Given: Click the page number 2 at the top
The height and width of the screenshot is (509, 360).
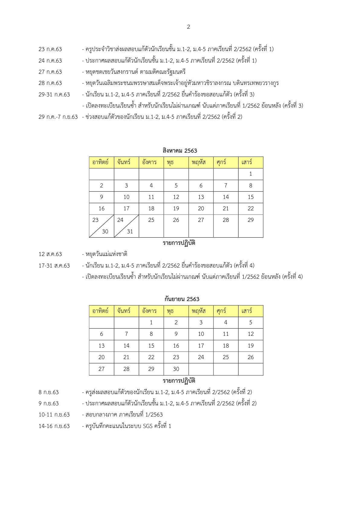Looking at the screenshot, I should coord(189,27).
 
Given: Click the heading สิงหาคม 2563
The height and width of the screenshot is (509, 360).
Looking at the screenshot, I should coord(180,151).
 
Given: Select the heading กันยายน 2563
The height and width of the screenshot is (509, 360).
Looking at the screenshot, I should coord(182,299).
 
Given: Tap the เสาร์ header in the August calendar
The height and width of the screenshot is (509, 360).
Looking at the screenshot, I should coord(247,162).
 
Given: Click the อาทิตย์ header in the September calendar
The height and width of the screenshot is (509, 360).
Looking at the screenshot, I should coord(100,311).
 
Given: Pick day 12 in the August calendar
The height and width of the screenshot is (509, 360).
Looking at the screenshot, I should coord(176,197).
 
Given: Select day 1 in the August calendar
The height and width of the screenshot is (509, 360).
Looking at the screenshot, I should coord(251,174).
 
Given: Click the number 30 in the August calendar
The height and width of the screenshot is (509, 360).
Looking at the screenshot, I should coord(105,232).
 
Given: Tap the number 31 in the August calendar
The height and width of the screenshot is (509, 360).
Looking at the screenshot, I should coord(130,232).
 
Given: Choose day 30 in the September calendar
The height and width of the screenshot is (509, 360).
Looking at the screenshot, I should coord(176,369).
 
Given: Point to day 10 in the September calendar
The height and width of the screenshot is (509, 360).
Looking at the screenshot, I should coord(201,334).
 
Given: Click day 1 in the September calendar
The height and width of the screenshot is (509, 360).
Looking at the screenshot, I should coord(151,323).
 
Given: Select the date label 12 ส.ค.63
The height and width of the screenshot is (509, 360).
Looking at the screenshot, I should coord(50,254).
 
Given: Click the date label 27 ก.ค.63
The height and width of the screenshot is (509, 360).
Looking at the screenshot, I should coord(50,72).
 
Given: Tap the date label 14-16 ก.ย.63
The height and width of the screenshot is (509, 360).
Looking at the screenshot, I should coord(54,426).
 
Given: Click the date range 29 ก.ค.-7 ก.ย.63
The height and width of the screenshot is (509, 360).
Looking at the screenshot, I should coord(58,117).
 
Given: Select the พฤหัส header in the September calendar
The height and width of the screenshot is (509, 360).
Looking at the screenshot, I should coord(198,311).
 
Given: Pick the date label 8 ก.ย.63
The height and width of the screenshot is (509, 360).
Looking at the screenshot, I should coord(49,392).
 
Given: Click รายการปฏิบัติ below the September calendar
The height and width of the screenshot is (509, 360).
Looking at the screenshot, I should coord(179,381).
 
